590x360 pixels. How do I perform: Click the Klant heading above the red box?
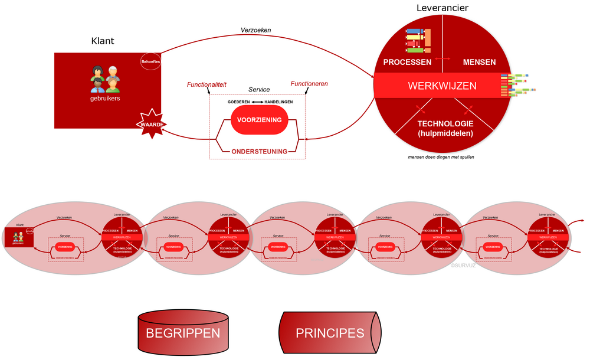click(x=103, y=41)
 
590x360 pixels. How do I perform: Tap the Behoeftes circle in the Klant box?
click(x=150, y=61)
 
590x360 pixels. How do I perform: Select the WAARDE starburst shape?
click(x=150, y=124)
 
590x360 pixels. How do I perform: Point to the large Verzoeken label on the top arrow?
click(x=255, y=30)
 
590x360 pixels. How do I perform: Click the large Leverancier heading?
click(x=442, y=8)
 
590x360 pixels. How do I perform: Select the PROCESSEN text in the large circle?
click(x=407, y=62)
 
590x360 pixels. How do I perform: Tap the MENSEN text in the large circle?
click(x=479, y=62)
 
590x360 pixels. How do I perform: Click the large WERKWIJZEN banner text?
click(x=442, y=86)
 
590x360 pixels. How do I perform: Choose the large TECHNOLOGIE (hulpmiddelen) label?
click(x=445, y=128)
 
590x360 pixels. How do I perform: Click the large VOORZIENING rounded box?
click(x=259, y=120)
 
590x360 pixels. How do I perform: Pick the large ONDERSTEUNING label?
click(x=259, y=152)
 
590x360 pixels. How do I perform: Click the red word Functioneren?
click(x=309, y=84)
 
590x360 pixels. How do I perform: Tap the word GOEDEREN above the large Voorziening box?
click(x=239, y=102)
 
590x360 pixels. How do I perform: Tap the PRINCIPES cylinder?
click(x=330, y=333)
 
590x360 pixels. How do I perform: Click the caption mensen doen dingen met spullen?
click(x=440, y=157)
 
